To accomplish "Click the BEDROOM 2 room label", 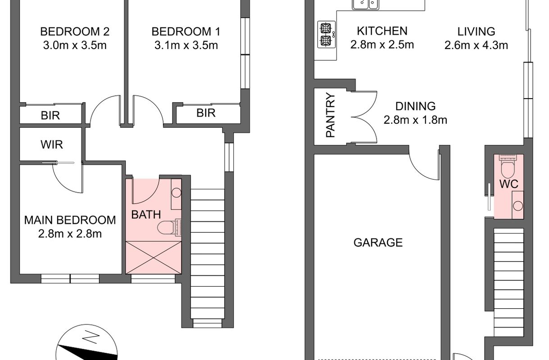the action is pyautogui.click(x=75, y=31).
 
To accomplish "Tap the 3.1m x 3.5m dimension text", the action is pyautogui.click(x=186, y=45).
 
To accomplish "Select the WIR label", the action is pyautogui.click(x=52, y=144).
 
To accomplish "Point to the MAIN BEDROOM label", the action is pyautogui.click(x=70, y=220).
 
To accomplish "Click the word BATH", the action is pyautogui.click(x=146, y=215).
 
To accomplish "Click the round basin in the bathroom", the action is pyautogui.click(x=176, y=193).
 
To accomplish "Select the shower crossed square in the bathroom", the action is pyautogui.click(x=154, y=257).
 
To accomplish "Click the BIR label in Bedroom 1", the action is pyautogui.click(x=206, y=113).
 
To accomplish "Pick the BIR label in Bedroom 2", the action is pyautogui.click(x=50, y=115).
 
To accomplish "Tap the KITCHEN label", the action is pyautogui.click(x=382, y=31).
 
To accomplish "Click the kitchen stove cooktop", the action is pyautogui.click(x=327, y=34).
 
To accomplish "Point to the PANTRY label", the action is pyautogui.click(x=331, y=115).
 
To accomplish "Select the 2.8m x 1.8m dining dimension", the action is pyautogui.click(x=415, y=120).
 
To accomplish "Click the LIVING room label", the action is pyautogui.click(x=476, y=31).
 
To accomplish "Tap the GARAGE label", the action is pyautogui.click(x=378, y=243).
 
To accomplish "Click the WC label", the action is pyautogui.click(x=509, y=184).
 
